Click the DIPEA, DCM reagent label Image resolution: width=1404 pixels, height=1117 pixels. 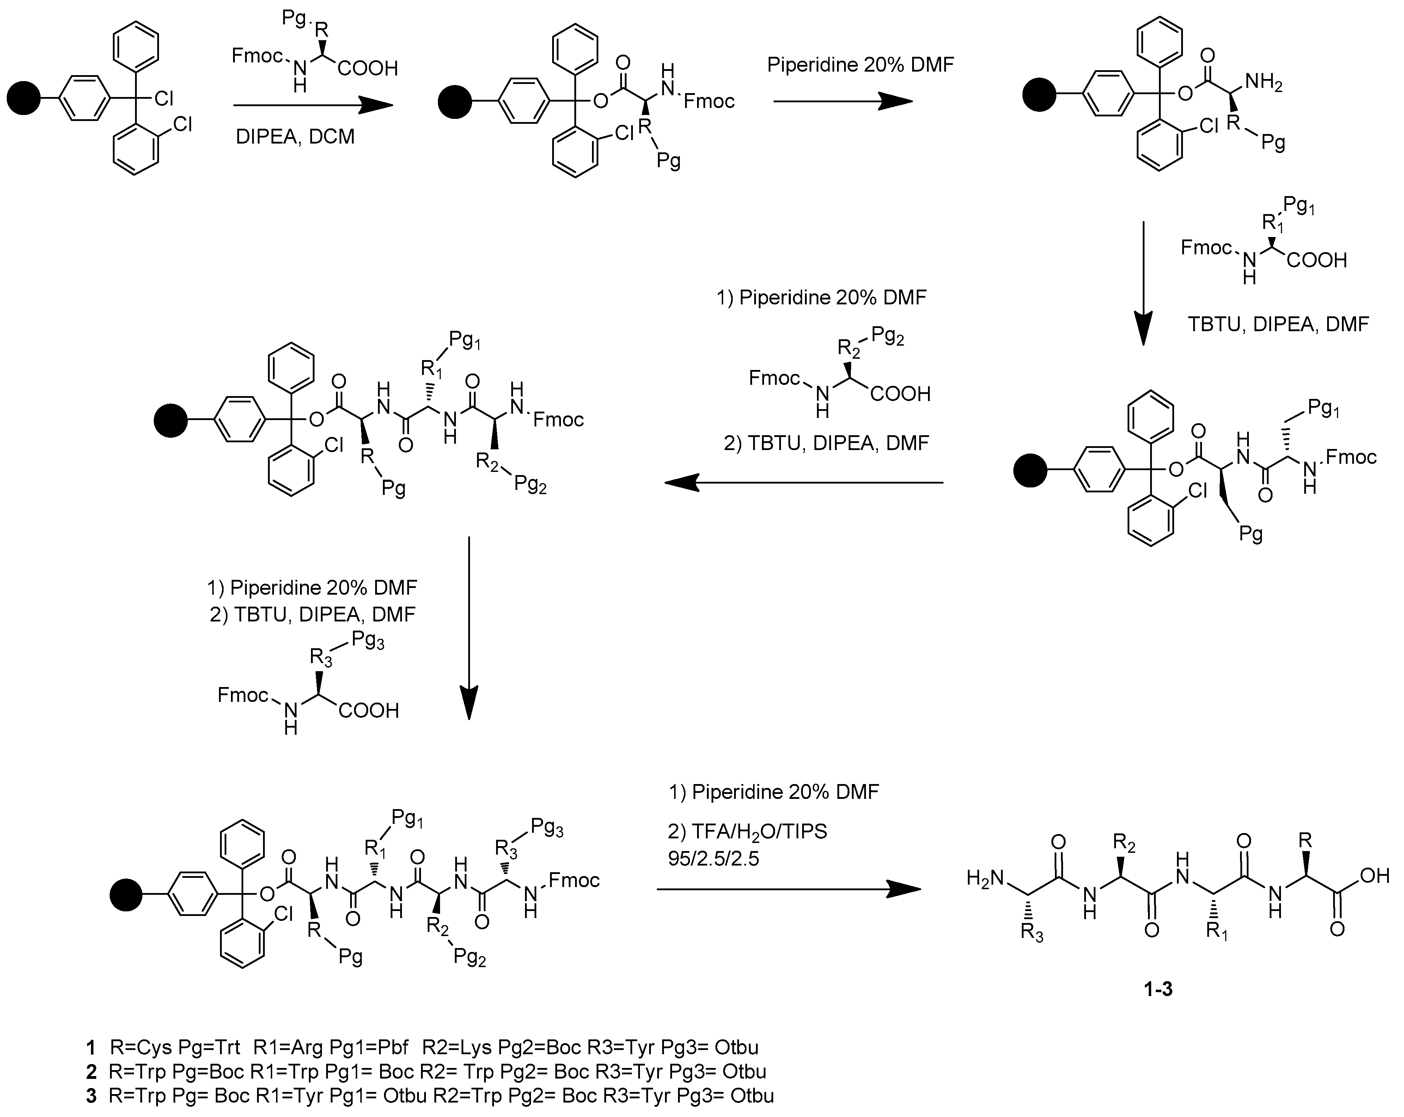pos(295,137)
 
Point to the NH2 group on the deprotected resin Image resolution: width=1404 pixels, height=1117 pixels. pos(1263,83)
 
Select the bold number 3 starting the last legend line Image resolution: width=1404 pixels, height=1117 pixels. pos(91,1096)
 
